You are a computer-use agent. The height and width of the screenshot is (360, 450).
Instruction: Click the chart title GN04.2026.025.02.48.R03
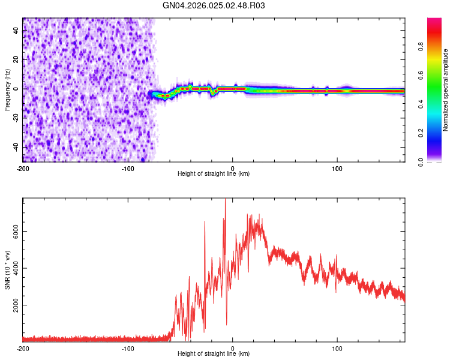(214, 6)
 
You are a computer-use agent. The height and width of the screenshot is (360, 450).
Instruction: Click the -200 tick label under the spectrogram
(23, 168)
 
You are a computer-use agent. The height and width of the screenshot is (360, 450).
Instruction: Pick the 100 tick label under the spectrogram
(337, 168)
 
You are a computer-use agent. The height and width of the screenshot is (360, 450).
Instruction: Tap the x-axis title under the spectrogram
(214, 174)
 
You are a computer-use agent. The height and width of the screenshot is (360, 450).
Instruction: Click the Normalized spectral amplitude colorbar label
(446, 90)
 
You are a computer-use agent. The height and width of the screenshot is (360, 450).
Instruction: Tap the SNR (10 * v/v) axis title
(7, 270)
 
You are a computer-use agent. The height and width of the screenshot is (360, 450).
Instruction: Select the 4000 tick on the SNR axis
(17, 268)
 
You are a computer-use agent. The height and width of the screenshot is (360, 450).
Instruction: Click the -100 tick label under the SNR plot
(128, 348)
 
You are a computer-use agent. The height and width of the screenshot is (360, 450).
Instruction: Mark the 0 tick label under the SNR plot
(233, 348)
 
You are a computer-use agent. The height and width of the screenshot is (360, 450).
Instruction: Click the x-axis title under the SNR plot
(214, 354)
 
